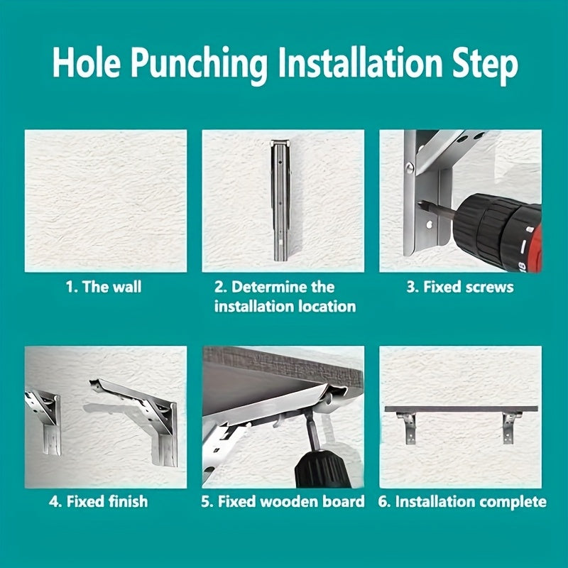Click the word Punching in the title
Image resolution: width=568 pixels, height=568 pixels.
pos(199,65)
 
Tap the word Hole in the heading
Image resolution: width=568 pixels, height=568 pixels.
pos(86,62)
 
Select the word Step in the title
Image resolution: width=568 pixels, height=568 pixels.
pos(485,65)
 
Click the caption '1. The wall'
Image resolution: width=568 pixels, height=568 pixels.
pos(104,287)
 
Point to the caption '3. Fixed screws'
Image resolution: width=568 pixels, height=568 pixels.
pos(460,287)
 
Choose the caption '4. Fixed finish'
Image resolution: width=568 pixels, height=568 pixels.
pos(99,502)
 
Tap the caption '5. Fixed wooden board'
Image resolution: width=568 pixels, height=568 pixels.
pos(283,502)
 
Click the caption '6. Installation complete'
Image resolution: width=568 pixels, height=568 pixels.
pos(462,502)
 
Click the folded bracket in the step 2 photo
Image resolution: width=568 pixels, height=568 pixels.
pos(280,200)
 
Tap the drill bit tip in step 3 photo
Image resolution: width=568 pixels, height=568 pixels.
pos(420,204)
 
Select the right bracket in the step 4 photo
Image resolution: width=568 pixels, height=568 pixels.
pos(146,420)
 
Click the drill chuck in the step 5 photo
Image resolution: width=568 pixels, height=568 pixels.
pos(322,470)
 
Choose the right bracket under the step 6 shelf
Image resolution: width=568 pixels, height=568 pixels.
pos(509,428)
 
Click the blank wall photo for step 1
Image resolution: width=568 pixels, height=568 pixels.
pos(106,201)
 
